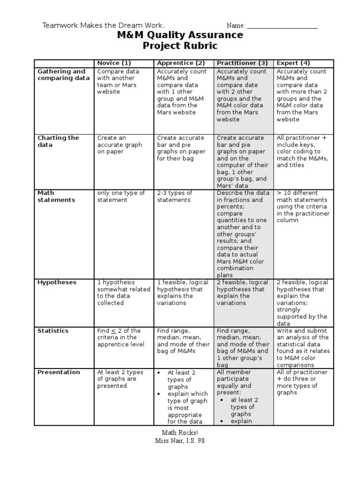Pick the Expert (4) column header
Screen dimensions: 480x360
[x=293, y=63]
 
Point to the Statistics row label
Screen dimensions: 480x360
[x=53, y=331]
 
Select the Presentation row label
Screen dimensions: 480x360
[x=59, y=372]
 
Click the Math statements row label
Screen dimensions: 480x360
[x=56, y=196]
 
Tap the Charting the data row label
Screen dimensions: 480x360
[x=58, y=142]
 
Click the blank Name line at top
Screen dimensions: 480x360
[x=282, y=26]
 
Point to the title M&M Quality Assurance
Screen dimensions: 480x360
[x=180, y=35]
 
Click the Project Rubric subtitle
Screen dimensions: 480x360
[x=180, y=46]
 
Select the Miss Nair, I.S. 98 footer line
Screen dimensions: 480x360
[x=180, y=441]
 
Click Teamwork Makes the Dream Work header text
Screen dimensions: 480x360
[x=104, y=25]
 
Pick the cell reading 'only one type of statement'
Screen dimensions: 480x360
[x=121, y=196]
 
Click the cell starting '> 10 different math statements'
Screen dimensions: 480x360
[x=303, y=206]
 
